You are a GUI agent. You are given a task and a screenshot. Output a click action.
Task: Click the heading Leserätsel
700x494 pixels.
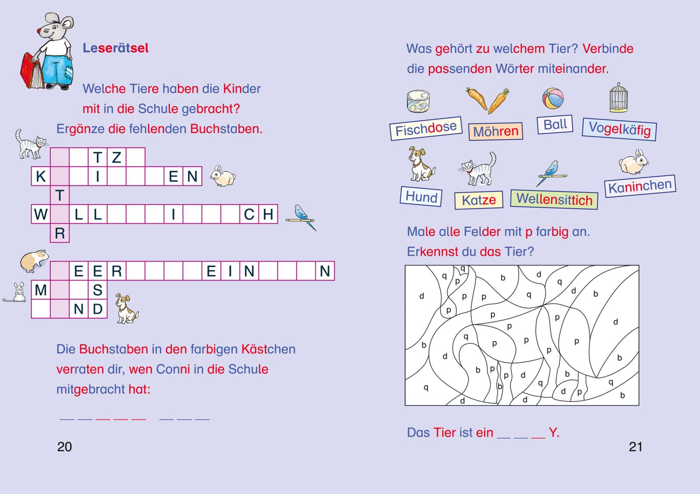click(x=115, y=48)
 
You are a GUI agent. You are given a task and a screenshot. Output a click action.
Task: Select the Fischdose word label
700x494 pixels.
click(x=426, y=128)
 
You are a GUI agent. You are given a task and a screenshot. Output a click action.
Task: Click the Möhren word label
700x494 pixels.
click(x=495, y=131)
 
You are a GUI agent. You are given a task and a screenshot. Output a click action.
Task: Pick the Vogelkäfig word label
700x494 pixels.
click(x=619, y=129)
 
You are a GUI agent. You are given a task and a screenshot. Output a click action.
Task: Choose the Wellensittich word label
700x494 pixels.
click(x=554, y=199)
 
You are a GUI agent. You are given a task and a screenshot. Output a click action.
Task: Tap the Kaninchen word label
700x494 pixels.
click(x=640, y=186)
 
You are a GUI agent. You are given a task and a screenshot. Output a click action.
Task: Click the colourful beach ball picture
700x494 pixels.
click(x=553, y=98)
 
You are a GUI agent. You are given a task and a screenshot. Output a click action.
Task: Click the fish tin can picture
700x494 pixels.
click(x=418, y=102)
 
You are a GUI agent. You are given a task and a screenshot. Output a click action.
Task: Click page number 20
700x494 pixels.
click(x=64, y=447)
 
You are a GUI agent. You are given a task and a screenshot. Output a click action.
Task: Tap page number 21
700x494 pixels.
click(x=635, y=447)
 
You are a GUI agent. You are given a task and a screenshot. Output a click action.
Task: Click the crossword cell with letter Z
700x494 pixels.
click(x=116, y=157)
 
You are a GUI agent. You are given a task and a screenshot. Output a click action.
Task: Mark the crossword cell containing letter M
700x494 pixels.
click(x=41, y=290)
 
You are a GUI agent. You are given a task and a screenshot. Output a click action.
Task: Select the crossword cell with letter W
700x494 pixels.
click(x=41, y=214)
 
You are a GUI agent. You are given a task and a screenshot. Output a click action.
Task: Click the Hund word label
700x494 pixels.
click(x=421, y=196)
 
